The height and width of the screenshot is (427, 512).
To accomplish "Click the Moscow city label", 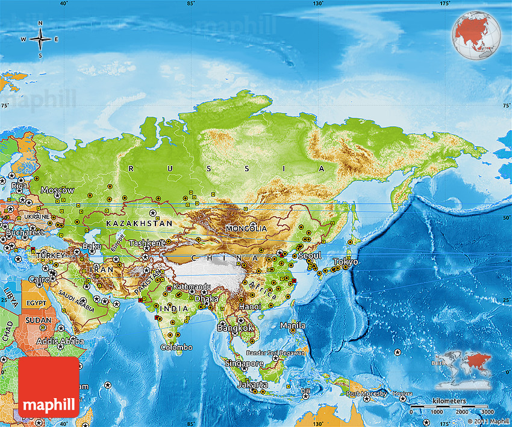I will click(x=58, y=190).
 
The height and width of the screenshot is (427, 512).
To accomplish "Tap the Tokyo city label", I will click(x=346, y=262).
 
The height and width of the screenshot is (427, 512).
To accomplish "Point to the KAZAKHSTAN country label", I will click(x=139, y=223).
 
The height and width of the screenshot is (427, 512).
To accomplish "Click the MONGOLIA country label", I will click(x=246, y=229).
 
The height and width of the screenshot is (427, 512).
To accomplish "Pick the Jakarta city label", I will click(x=253, y=384).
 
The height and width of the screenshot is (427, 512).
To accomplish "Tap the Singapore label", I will click(x=244, y=363).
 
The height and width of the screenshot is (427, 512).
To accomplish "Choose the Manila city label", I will click(x=293, y=326).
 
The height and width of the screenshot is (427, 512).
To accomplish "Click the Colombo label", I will click(x=176, y=347).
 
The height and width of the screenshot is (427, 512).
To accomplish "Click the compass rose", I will click(x=40, y=40).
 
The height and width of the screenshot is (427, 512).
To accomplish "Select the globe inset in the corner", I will click(x=476, y=36).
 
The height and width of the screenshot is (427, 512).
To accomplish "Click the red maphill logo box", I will click(x=49, y=387).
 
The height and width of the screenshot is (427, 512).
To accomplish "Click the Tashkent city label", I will click(x=146, y=243).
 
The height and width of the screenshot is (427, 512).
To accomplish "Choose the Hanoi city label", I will click(x=250, y=306).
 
